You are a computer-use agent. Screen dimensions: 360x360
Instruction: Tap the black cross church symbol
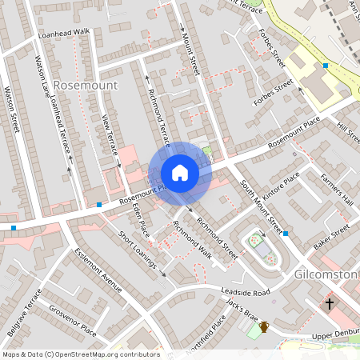[x=330, y=304]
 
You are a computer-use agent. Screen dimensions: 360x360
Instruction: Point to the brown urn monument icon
[x=264, y=326]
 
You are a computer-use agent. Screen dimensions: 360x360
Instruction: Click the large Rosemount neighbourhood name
[x=89, y=84]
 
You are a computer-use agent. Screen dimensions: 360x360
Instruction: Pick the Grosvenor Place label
[x=73, y=319]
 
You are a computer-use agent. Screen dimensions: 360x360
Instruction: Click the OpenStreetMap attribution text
[x=80, y=354]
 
